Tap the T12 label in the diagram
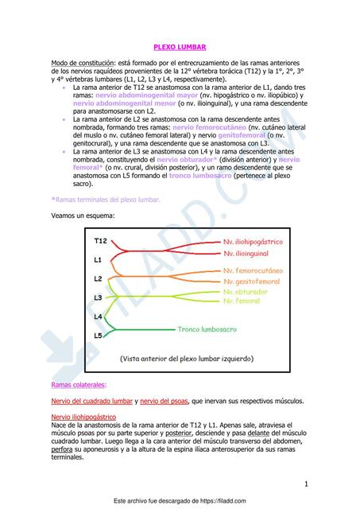101,240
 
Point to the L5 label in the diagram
98,336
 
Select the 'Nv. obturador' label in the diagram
246,292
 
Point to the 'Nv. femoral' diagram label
242,301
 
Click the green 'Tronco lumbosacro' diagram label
208,328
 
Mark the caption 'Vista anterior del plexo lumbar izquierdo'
188,359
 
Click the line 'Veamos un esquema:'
82,216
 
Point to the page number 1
305,484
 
